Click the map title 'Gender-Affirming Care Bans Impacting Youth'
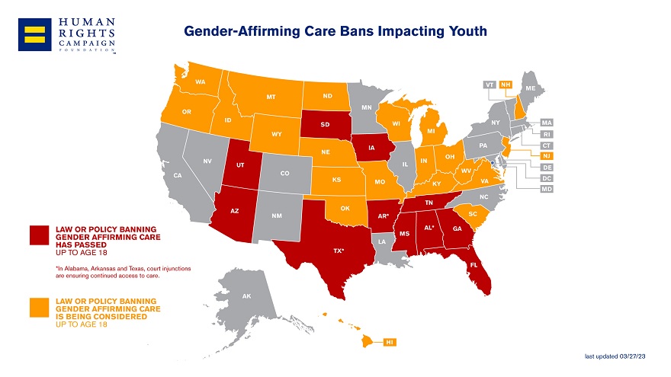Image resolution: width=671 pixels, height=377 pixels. [335, 31]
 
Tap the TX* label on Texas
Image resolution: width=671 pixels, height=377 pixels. [338, 250]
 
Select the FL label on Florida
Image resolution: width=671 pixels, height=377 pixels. [474, 265]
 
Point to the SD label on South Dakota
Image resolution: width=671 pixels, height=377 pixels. [325, 124]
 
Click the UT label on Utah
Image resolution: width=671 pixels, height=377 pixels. [240, 165]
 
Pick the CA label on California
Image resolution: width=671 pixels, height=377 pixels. [178, 176]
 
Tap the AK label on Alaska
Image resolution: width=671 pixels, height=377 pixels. [246, 296]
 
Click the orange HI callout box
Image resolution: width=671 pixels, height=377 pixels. [390, 342]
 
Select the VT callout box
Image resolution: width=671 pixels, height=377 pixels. [490, 84]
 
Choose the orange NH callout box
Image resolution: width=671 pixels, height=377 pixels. [505, 84]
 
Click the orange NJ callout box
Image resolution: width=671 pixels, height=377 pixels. [547, 156]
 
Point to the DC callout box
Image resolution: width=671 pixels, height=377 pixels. [547, 177]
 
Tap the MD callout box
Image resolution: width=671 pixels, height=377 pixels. [547, 189]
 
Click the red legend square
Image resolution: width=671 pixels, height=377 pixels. [40, 236]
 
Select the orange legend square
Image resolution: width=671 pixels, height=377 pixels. [40, 308]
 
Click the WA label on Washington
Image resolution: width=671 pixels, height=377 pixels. [201, 81]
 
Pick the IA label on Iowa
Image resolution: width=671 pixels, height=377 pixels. [371, 147]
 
